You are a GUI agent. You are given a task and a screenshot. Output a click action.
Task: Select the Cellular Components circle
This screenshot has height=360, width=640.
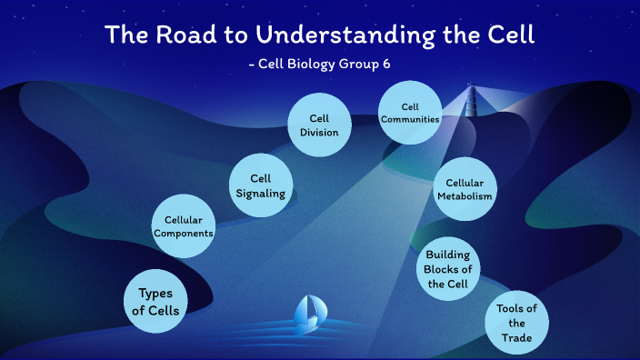click(184, 226)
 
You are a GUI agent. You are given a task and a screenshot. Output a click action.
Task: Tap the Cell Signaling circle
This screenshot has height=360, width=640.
click(261, 185)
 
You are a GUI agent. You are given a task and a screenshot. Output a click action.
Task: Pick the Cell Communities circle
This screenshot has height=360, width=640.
click(410, 113)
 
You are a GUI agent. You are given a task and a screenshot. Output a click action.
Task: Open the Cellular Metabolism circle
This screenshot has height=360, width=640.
click(465, 189)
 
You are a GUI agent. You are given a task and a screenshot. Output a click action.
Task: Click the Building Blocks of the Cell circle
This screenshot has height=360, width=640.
click(447, 269)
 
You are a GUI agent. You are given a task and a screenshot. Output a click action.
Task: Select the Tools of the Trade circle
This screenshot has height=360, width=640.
click(516, 323)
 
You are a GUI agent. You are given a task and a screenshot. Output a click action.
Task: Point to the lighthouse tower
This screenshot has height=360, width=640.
click(471, 98)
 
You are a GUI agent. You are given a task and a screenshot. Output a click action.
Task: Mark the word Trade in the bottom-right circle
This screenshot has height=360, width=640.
click(516, 338)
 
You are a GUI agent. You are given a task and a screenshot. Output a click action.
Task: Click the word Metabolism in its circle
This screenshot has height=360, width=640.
click(465, 196)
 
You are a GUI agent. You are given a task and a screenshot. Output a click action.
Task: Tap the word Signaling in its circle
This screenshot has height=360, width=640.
click(261, 193)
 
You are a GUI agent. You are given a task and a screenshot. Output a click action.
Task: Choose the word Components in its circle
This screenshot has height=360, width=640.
click(184, 234)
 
